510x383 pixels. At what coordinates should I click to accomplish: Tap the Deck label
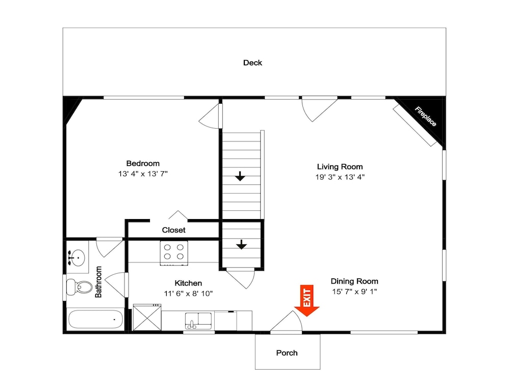(x=252, y=62)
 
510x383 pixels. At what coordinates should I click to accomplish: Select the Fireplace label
(x=425, y=116)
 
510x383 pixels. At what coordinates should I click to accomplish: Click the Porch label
(x=287, y=353)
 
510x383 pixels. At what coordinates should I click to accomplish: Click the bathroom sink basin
(x=77, y=257)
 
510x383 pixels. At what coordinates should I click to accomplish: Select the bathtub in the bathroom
(x=96, y=319)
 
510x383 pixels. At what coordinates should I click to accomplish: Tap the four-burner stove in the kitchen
(x=174, y=253)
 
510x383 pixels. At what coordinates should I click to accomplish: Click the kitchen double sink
(x=198, y=321)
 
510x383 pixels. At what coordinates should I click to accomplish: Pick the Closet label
(x=174, y=230)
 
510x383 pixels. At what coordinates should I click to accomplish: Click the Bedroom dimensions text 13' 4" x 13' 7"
(x=143, y=174)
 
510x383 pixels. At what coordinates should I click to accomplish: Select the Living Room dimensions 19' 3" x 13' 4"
(x=340, y=177)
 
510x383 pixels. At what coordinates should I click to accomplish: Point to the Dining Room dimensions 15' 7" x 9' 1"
(x=354, y=292)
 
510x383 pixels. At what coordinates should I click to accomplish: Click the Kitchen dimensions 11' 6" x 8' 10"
(x=188, y=294)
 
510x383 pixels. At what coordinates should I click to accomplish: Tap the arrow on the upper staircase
(x=240, y=176)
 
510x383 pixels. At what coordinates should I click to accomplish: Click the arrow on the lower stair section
(x=241, y=244)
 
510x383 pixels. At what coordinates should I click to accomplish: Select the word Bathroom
(x=98, y=282)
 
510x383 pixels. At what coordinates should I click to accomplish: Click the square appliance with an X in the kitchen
(x=147, y=317)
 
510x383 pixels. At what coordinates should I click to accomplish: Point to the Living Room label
(x=340, y=167)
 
